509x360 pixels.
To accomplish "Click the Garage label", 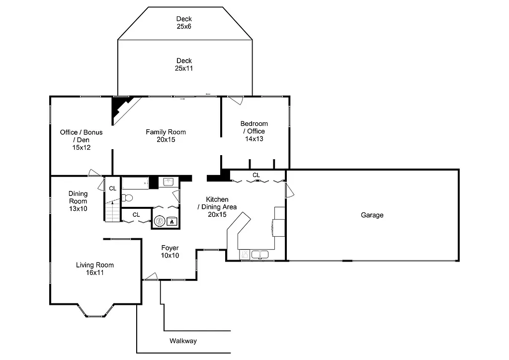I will tap(372, 215).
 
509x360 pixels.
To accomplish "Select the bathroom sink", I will tap(168, 182).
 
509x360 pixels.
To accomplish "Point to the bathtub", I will tap(135, 183).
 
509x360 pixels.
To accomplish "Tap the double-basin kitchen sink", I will tap(259, 255).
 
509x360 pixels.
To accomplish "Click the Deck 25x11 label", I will tap(184, 65).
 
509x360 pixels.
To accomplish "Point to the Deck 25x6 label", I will tap(184, 23).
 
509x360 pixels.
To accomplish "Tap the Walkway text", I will tap(183, 341).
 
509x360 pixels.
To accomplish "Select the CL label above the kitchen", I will tap(256, 175).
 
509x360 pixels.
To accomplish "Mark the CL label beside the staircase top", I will tap(113, 188).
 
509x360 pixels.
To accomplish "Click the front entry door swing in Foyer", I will tap(151, 276).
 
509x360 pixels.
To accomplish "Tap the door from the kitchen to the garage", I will tap(289, 188).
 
